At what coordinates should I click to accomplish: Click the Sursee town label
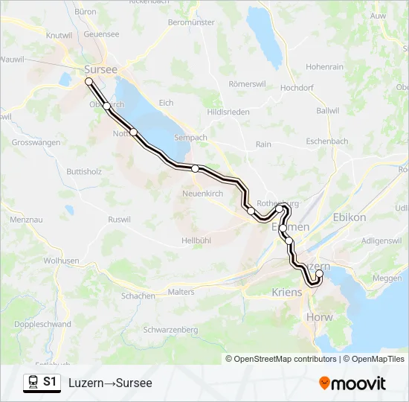96,69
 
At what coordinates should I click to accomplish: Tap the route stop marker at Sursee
88,81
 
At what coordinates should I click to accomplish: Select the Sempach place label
189,138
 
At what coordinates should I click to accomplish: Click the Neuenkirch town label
203,194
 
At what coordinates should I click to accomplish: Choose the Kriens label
288,293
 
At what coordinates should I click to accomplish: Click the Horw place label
319,317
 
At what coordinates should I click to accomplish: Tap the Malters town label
181,293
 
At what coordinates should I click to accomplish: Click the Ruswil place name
119,220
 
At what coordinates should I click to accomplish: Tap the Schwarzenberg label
170,329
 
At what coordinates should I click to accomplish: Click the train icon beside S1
33,382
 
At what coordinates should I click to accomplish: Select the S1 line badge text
50,382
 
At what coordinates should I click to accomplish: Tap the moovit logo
352,383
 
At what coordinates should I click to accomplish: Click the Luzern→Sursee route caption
110,383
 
